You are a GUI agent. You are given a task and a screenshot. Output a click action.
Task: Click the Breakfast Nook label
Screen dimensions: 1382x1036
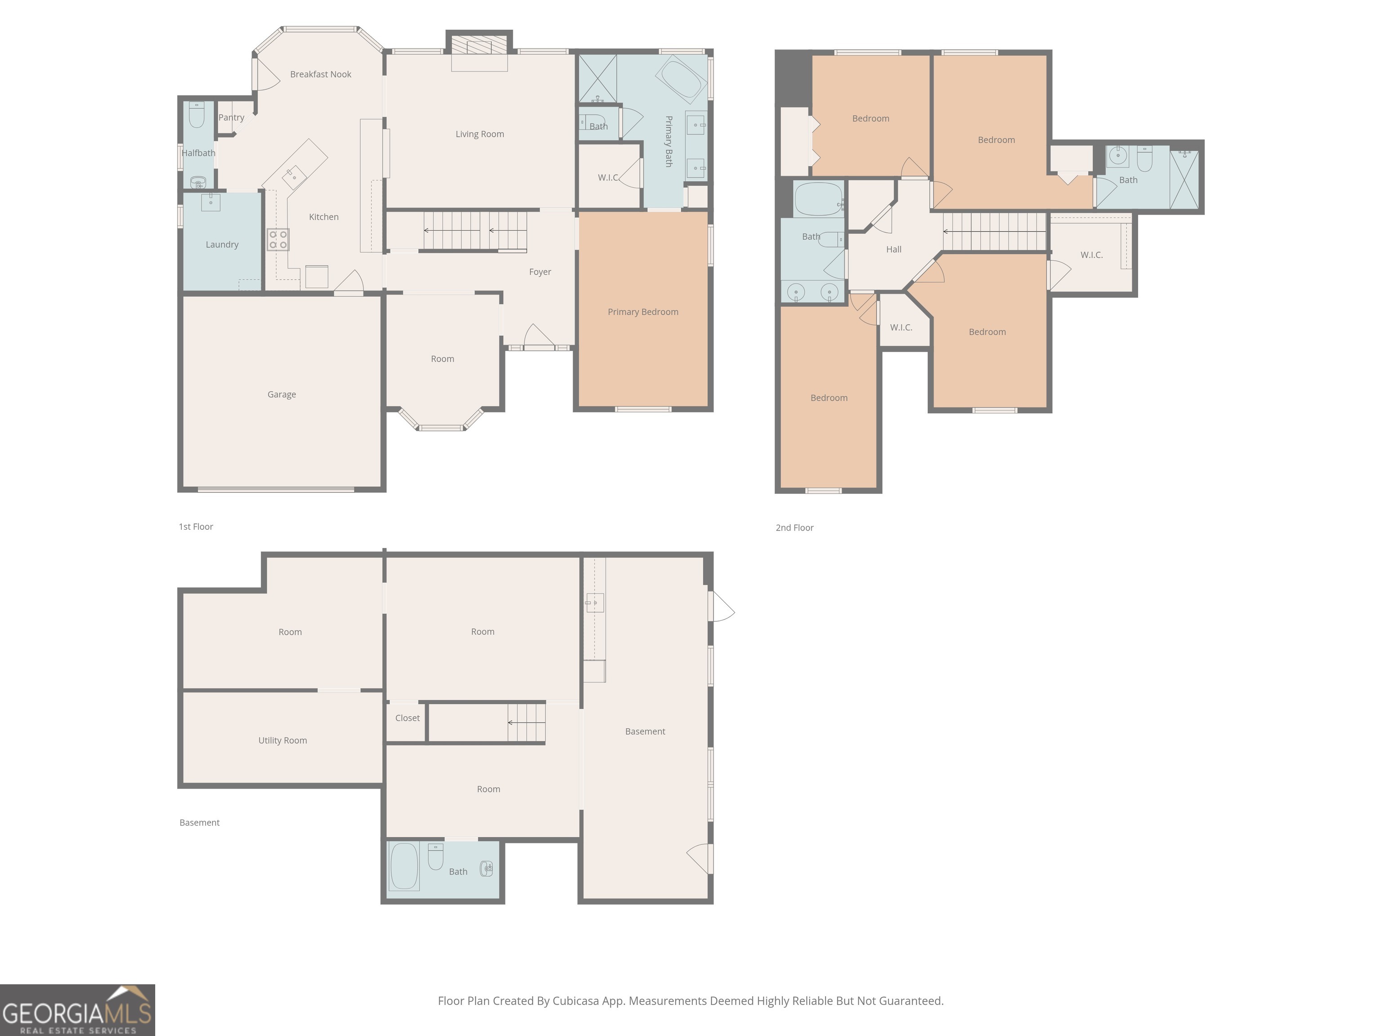click(320, 74)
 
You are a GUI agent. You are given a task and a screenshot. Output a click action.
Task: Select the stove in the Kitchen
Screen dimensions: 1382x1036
click(278, 240)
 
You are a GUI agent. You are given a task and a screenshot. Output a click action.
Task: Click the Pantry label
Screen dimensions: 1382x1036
click(231, 117)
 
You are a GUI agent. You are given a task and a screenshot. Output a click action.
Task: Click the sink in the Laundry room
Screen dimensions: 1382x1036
click(211, 202)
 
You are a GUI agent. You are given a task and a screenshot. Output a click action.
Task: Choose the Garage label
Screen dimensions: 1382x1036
click(282, 395)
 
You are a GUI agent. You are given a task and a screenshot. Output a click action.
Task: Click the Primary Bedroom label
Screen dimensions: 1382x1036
click(643, 312)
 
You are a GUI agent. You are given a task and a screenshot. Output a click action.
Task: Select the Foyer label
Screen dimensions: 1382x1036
click(540, 272)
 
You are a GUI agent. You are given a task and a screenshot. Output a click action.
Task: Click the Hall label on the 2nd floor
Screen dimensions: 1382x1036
click(893, 249)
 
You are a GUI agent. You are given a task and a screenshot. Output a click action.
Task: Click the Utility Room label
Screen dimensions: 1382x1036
click(283, 741)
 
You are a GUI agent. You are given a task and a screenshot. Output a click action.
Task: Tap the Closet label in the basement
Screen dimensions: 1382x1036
click(407, 718)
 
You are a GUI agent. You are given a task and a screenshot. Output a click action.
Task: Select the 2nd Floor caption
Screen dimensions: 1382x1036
click(795, 528)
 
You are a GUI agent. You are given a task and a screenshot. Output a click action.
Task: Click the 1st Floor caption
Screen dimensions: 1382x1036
click(196, 527)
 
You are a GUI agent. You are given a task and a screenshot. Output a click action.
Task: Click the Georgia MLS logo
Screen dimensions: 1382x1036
click(77, 1010)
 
